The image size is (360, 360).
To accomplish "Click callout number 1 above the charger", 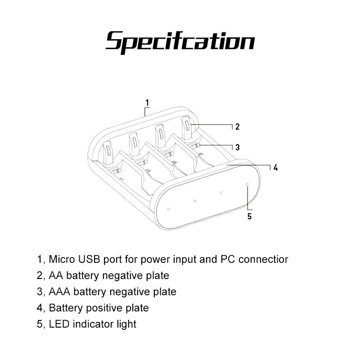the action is [x=147, y=103].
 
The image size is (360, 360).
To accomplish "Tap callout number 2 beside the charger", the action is [x=237, y=126].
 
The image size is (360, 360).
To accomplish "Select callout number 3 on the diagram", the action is [x=237, y=147].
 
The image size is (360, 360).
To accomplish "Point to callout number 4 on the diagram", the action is [x=276, y=168].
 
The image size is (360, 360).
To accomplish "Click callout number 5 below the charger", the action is [x=250, y=216].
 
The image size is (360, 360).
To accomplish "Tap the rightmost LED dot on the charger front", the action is [x=247, y=184].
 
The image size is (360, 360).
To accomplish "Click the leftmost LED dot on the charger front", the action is [x=168, y=209].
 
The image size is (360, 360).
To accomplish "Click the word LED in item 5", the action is [x=58, y=324].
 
